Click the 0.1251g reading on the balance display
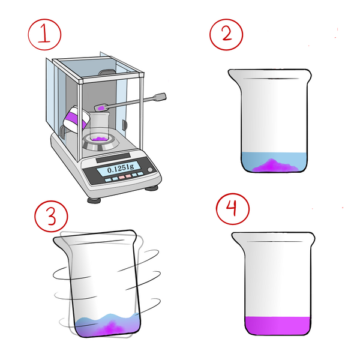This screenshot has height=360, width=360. click(121, 169)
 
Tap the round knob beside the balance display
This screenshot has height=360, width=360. click(150, 170)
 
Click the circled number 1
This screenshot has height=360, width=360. click(44, 34)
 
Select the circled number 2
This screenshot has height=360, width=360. click(226, 34)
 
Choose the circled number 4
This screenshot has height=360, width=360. click(233, 209)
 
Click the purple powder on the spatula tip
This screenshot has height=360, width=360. click(100, 107)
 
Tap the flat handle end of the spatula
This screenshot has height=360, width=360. click(160, 97)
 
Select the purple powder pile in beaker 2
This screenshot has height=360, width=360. click(275, 166)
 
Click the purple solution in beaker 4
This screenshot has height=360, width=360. click(277, 326)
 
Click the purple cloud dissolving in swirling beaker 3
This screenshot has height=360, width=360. click(110, 328)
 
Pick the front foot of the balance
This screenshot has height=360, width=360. click(94, 200)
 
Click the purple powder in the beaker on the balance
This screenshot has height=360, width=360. click(99, 139)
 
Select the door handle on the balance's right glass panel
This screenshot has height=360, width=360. click(124, 125)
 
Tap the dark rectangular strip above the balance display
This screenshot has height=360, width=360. click(113, 157)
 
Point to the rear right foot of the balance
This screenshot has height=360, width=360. click(152, 188)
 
